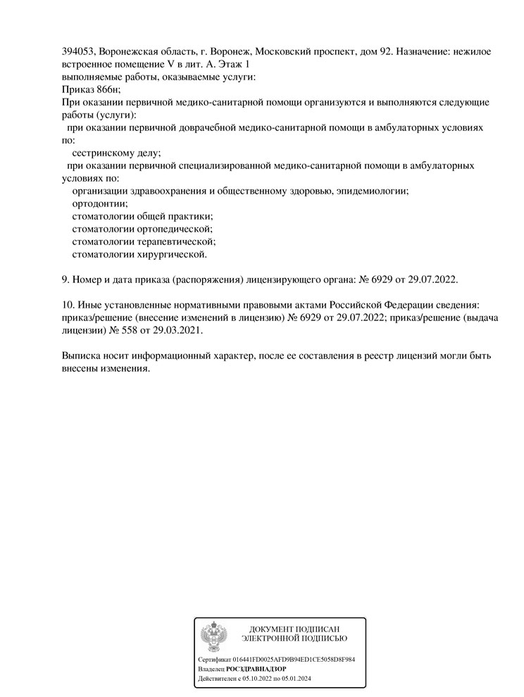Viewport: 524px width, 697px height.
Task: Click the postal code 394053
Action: tap(78, 51)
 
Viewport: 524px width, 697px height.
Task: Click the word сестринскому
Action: tap(101, 153)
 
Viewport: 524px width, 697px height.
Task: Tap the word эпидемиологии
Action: tap(373, 191)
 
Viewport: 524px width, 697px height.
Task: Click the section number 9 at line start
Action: tap(65, 280)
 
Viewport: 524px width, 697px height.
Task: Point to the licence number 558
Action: tap(131, 331)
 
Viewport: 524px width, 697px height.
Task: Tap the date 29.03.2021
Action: tap(178, 331)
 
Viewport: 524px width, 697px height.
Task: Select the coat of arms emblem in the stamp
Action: tap(214, 637)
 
